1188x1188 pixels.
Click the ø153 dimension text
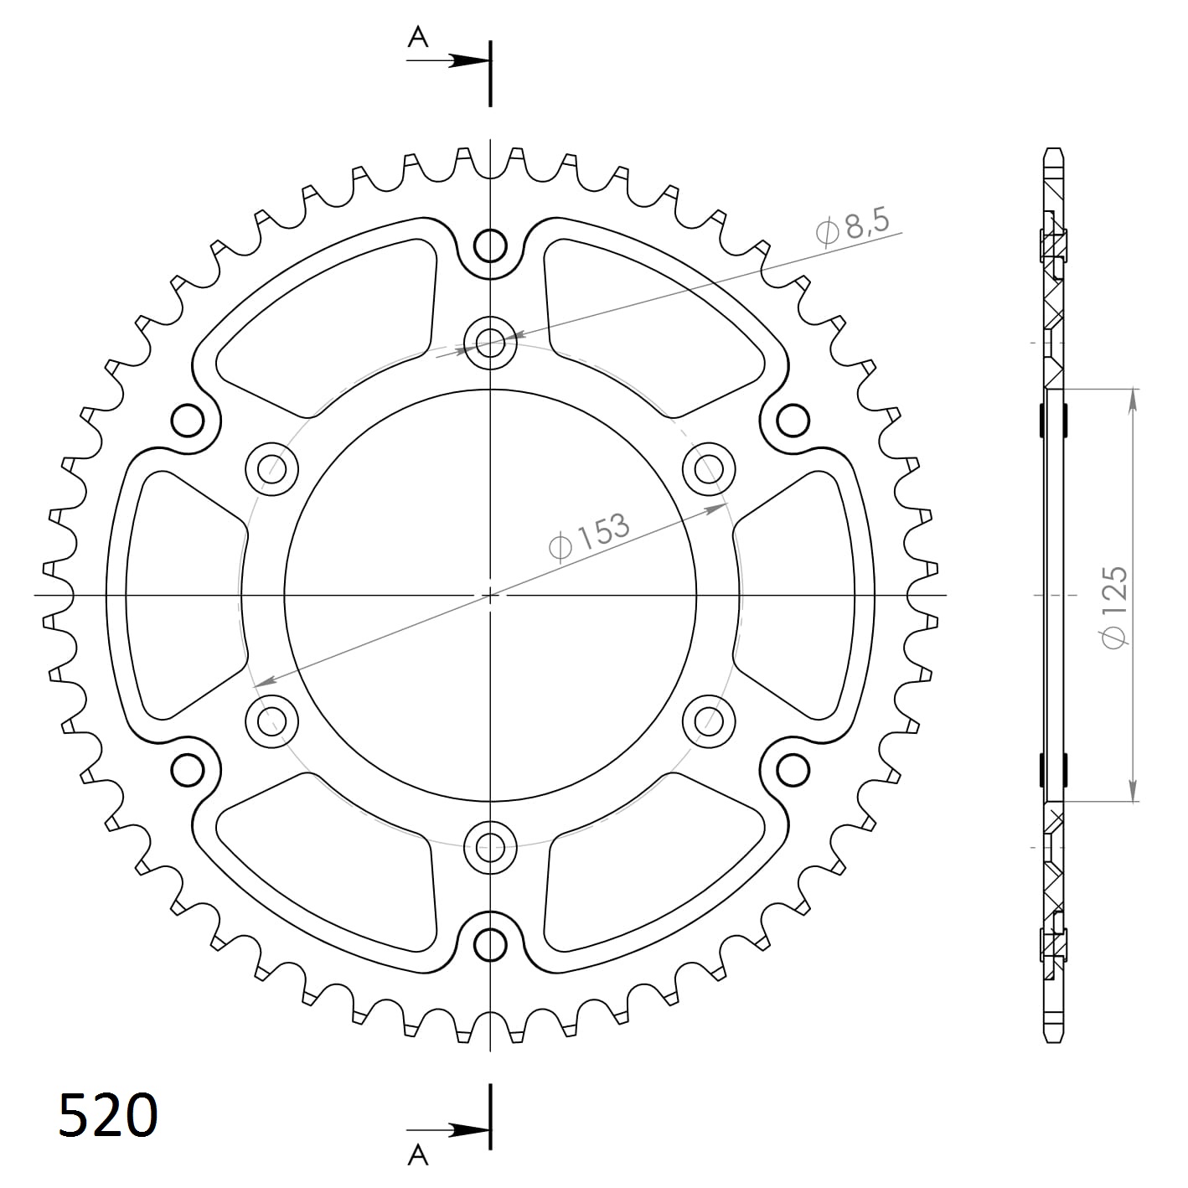[x=589, y=537]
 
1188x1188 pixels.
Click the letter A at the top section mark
[x=418, y=37]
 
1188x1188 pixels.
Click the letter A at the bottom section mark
[x=418, y=1155]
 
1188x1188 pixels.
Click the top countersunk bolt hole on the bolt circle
[x=490, y=343]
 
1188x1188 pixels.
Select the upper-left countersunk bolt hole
[x=272, y=467]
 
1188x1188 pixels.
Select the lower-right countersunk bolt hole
[x=709, y=720]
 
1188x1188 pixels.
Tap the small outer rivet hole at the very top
[x=490, y=246]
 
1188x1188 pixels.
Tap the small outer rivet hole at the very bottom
[x=490, y=944]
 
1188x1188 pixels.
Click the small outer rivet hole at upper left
[x=188, y=420]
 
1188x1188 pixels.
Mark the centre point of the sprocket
[x=490, y=595]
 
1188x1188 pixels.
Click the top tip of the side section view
[x=1053, y=151]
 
